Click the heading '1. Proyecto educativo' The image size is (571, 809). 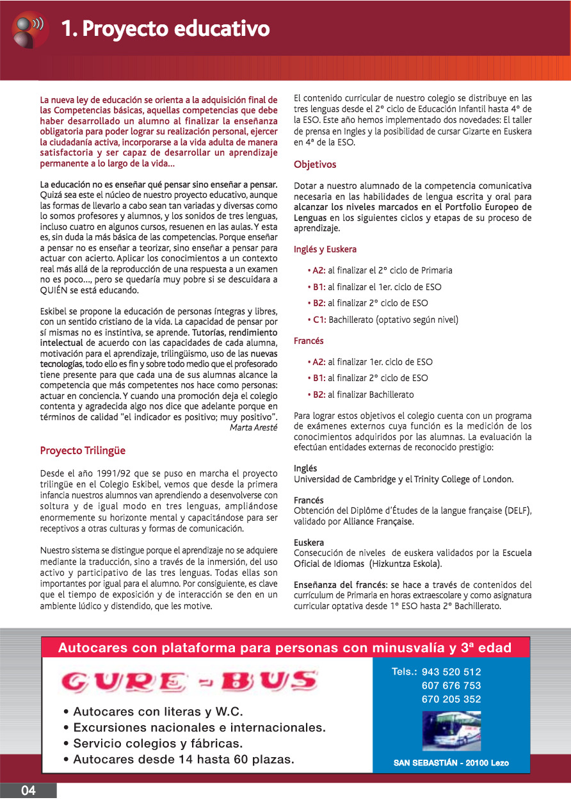(165, 29)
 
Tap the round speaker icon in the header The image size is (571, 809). (30, 29)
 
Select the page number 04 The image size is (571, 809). (28, 790)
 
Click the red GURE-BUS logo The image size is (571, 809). (189, 681)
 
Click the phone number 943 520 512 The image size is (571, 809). (451, 672)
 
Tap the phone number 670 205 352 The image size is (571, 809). (451, 699)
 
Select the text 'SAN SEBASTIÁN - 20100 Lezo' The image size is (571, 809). (451, 763)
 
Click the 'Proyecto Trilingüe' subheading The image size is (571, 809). (83, 450)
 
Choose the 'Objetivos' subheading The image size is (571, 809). (315, 165)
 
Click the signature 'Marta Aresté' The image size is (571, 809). (253, 428)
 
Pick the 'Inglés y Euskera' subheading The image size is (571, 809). (325, 249)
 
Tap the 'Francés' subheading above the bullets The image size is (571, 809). (309, 341)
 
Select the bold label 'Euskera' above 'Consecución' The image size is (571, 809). (309, 543)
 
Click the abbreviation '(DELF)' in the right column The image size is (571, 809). (518, 511)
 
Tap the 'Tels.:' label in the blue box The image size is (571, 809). (405, 672)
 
